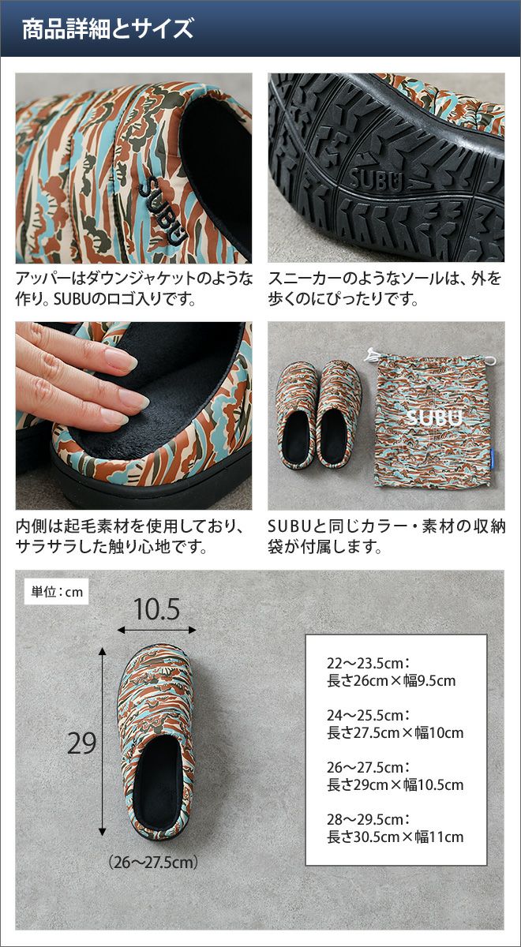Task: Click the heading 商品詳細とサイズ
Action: (x=107, y=28)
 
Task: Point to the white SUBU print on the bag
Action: (x=434, y=417)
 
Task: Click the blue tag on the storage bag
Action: (x=494, y=458)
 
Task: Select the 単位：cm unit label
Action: (x=57, y=591)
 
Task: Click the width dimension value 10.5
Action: (x=157, y=609)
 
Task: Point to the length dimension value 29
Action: (x=81, y=743)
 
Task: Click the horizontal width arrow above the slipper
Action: (x=157, y=630)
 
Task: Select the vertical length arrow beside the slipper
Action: (x=103, y=741)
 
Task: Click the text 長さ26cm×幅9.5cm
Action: (x=392, y=680)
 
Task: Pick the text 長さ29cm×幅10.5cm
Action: (x=395, y=784)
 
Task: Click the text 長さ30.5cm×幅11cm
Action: (x=395, y=837)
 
